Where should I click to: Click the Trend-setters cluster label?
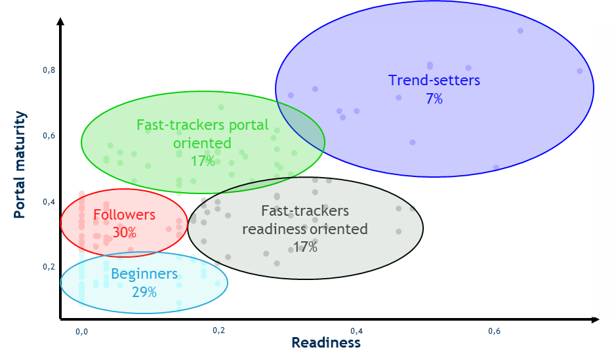click(434, 80)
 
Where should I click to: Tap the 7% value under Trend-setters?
click(434, 98)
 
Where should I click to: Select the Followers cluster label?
click(125, 214)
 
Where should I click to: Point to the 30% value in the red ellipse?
click(125, 232)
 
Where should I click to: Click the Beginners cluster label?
click(144, 274)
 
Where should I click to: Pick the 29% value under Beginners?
click(144, 292)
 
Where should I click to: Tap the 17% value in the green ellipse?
click(203, 161)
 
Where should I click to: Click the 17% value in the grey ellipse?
click(305, 247)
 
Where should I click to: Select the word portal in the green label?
click(249, 125)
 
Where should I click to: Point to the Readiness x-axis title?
click(326, 343)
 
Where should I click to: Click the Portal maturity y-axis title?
click(20, 165)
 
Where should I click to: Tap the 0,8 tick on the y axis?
click(49, 70)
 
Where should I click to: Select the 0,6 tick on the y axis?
click(49, 136)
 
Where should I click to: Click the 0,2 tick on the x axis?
click(219, 330)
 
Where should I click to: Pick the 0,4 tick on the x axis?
click(356, 331)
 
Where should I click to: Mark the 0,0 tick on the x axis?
click(82, 332)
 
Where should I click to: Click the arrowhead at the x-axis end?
click(595, 319)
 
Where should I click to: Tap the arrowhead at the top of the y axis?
click(60, 21)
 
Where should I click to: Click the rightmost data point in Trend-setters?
click(579, 71)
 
